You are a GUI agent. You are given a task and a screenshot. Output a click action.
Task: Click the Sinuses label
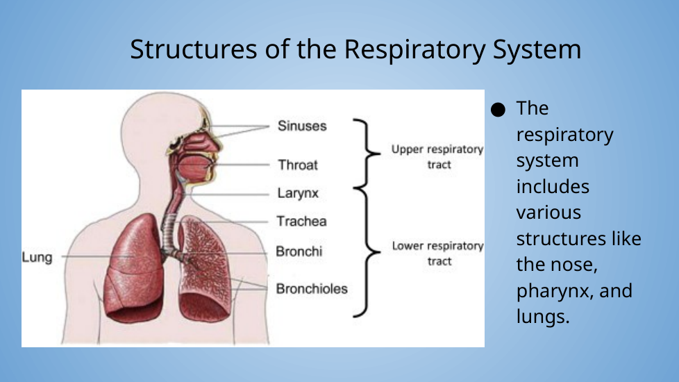(x=302, y=126)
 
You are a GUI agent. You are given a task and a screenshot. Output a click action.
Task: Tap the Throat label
(x=298, y=165)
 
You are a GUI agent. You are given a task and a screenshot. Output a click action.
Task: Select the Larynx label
(x=299, y=194)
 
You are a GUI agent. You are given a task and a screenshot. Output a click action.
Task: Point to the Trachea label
(x=301, y=222)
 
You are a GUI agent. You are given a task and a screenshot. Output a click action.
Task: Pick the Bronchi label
(x=299, y=251)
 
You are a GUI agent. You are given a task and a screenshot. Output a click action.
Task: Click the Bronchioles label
(x=312, y=289)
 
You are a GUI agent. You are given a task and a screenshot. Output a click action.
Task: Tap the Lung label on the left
(x=37, y=258)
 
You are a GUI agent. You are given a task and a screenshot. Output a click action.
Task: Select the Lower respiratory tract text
(x=437, y=254)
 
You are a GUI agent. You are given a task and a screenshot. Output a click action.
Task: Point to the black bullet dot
(x=497, y=109)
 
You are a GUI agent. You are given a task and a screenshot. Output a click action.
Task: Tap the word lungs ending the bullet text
(x=543, y=317)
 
